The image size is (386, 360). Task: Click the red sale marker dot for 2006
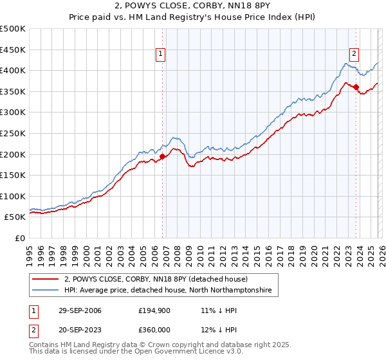(x=162, y=156)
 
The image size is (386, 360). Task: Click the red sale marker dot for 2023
(x=356, y=87)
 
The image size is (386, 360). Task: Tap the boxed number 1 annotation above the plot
(x=160, y=54)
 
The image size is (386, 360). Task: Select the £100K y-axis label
(x=13, y=196)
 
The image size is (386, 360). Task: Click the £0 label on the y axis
(x=21, y=238)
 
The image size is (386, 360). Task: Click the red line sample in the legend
(x=46, y=279)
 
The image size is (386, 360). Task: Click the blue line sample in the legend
(x=46, y=291)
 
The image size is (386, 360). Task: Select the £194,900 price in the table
(x=156, y=310)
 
